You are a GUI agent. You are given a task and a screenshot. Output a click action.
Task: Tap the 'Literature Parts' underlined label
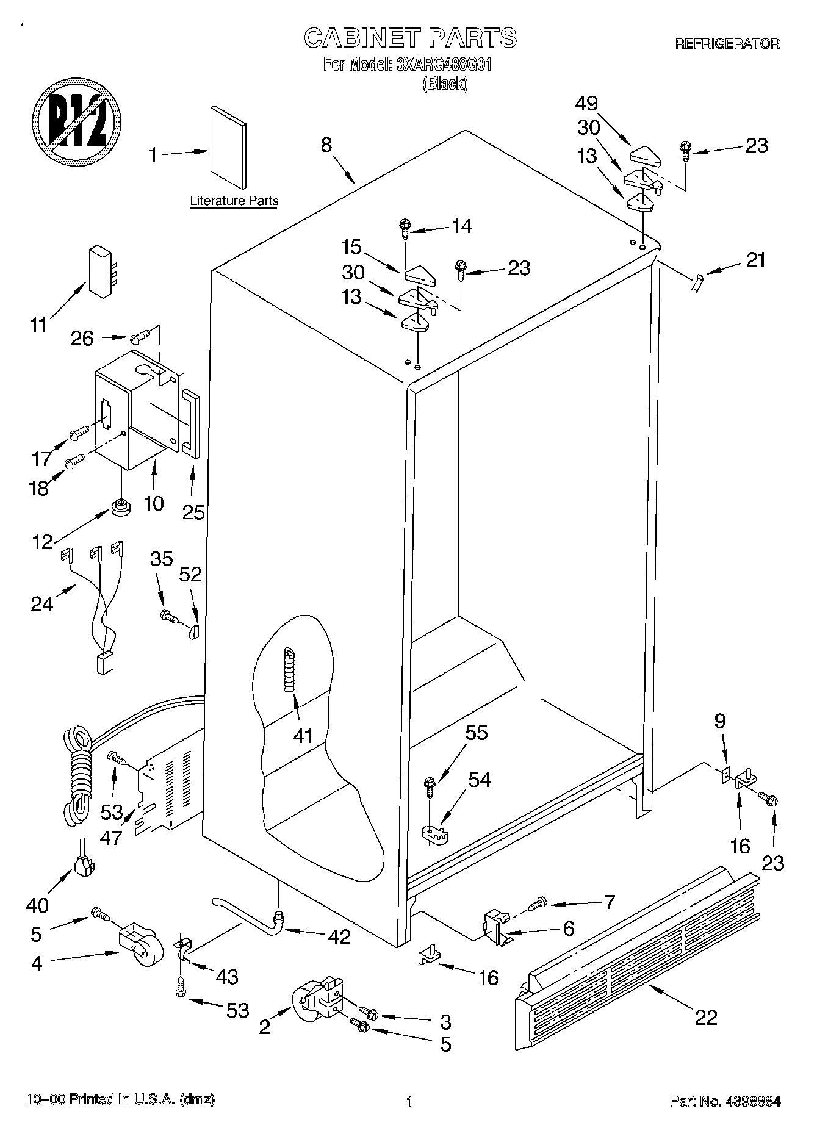234,201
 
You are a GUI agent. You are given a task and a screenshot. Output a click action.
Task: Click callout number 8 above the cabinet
326,145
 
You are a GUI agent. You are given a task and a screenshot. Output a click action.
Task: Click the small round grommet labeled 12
120,506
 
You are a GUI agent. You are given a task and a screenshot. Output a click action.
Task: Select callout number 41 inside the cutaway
303,736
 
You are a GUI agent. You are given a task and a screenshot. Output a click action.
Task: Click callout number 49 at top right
585,103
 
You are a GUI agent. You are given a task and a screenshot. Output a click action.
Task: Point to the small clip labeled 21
698,282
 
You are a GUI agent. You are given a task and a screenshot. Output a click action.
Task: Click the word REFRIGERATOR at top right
727,44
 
